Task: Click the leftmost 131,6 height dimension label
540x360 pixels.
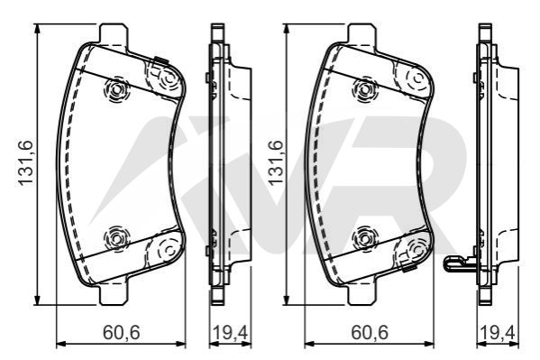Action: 25,162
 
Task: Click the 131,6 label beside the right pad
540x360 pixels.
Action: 276,162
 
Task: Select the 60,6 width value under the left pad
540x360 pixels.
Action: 121,332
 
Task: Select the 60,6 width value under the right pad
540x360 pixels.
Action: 370,332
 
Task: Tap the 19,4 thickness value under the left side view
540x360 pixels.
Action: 231,332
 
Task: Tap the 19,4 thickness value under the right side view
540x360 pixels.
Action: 497,332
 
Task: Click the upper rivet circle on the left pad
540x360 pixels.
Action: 116,90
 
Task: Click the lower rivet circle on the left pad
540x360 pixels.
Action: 116,238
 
